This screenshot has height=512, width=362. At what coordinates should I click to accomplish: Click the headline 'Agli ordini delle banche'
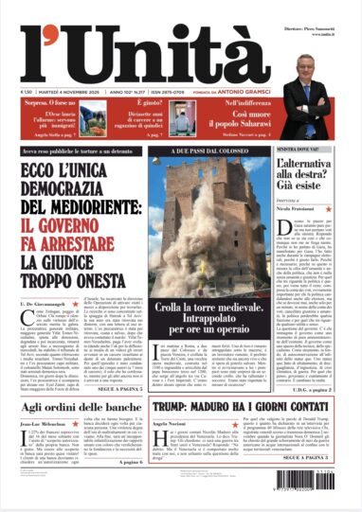point(82,382)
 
